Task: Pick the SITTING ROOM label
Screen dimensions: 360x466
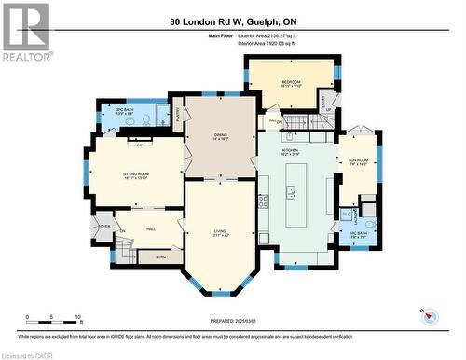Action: pyautogui.click(x=136, y=174)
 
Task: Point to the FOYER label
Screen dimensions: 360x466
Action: pyautogui.click(x=103, y=225)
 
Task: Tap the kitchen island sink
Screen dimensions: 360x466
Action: pyautogui.click(x=292, y=194)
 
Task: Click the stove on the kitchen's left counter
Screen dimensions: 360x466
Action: pyautogui.click(x=264, y=199)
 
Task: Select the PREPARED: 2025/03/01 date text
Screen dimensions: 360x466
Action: pyautogui.click(x=234, y=323)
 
